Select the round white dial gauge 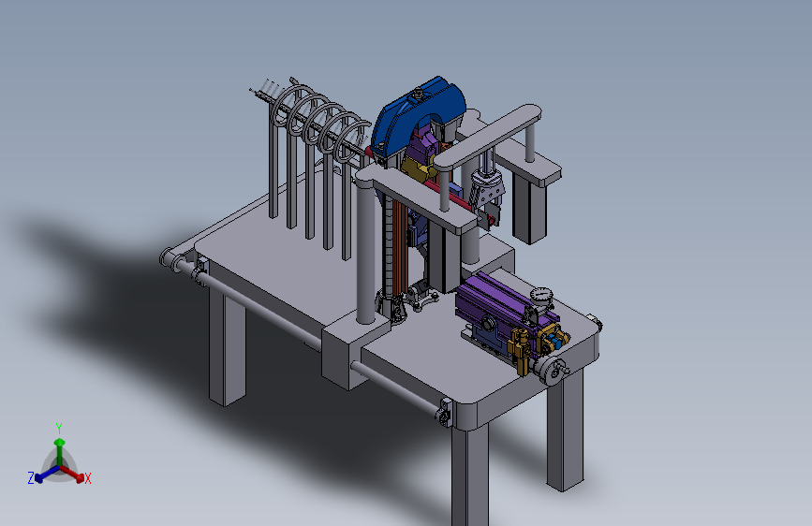pyautogui.click(x=541, y=296)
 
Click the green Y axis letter pyautogui.click(x=58, y=429)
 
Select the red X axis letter pyautogui.click(x=87, y=478)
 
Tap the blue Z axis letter pyautogui.click(x=31, y=478)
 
